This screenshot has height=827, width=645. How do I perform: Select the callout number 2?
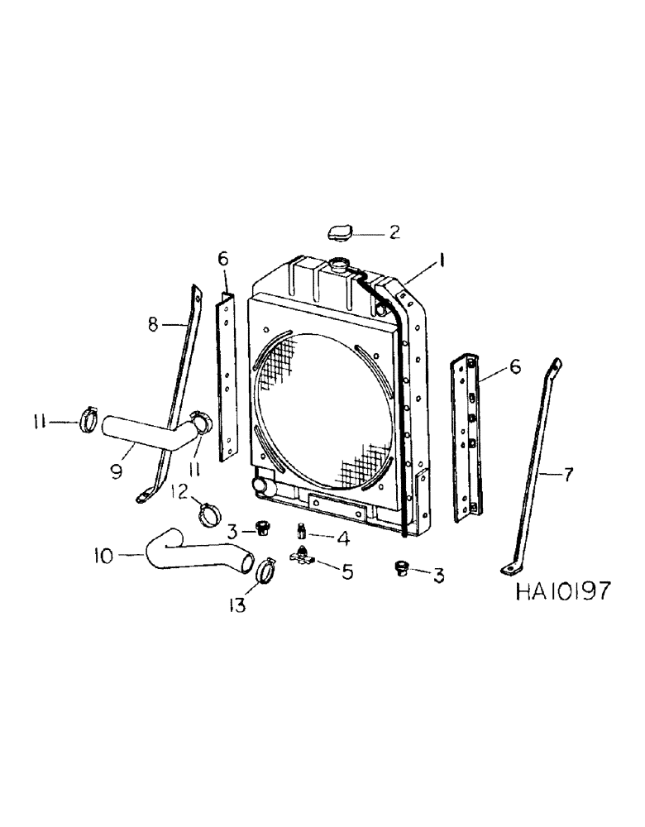(x=394, y=232)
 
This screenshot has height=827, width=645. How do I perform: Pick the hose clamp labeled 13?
(x=266, y=571)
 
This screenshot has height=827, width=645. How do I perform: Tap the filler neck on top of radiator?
(x=340, y=265)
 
